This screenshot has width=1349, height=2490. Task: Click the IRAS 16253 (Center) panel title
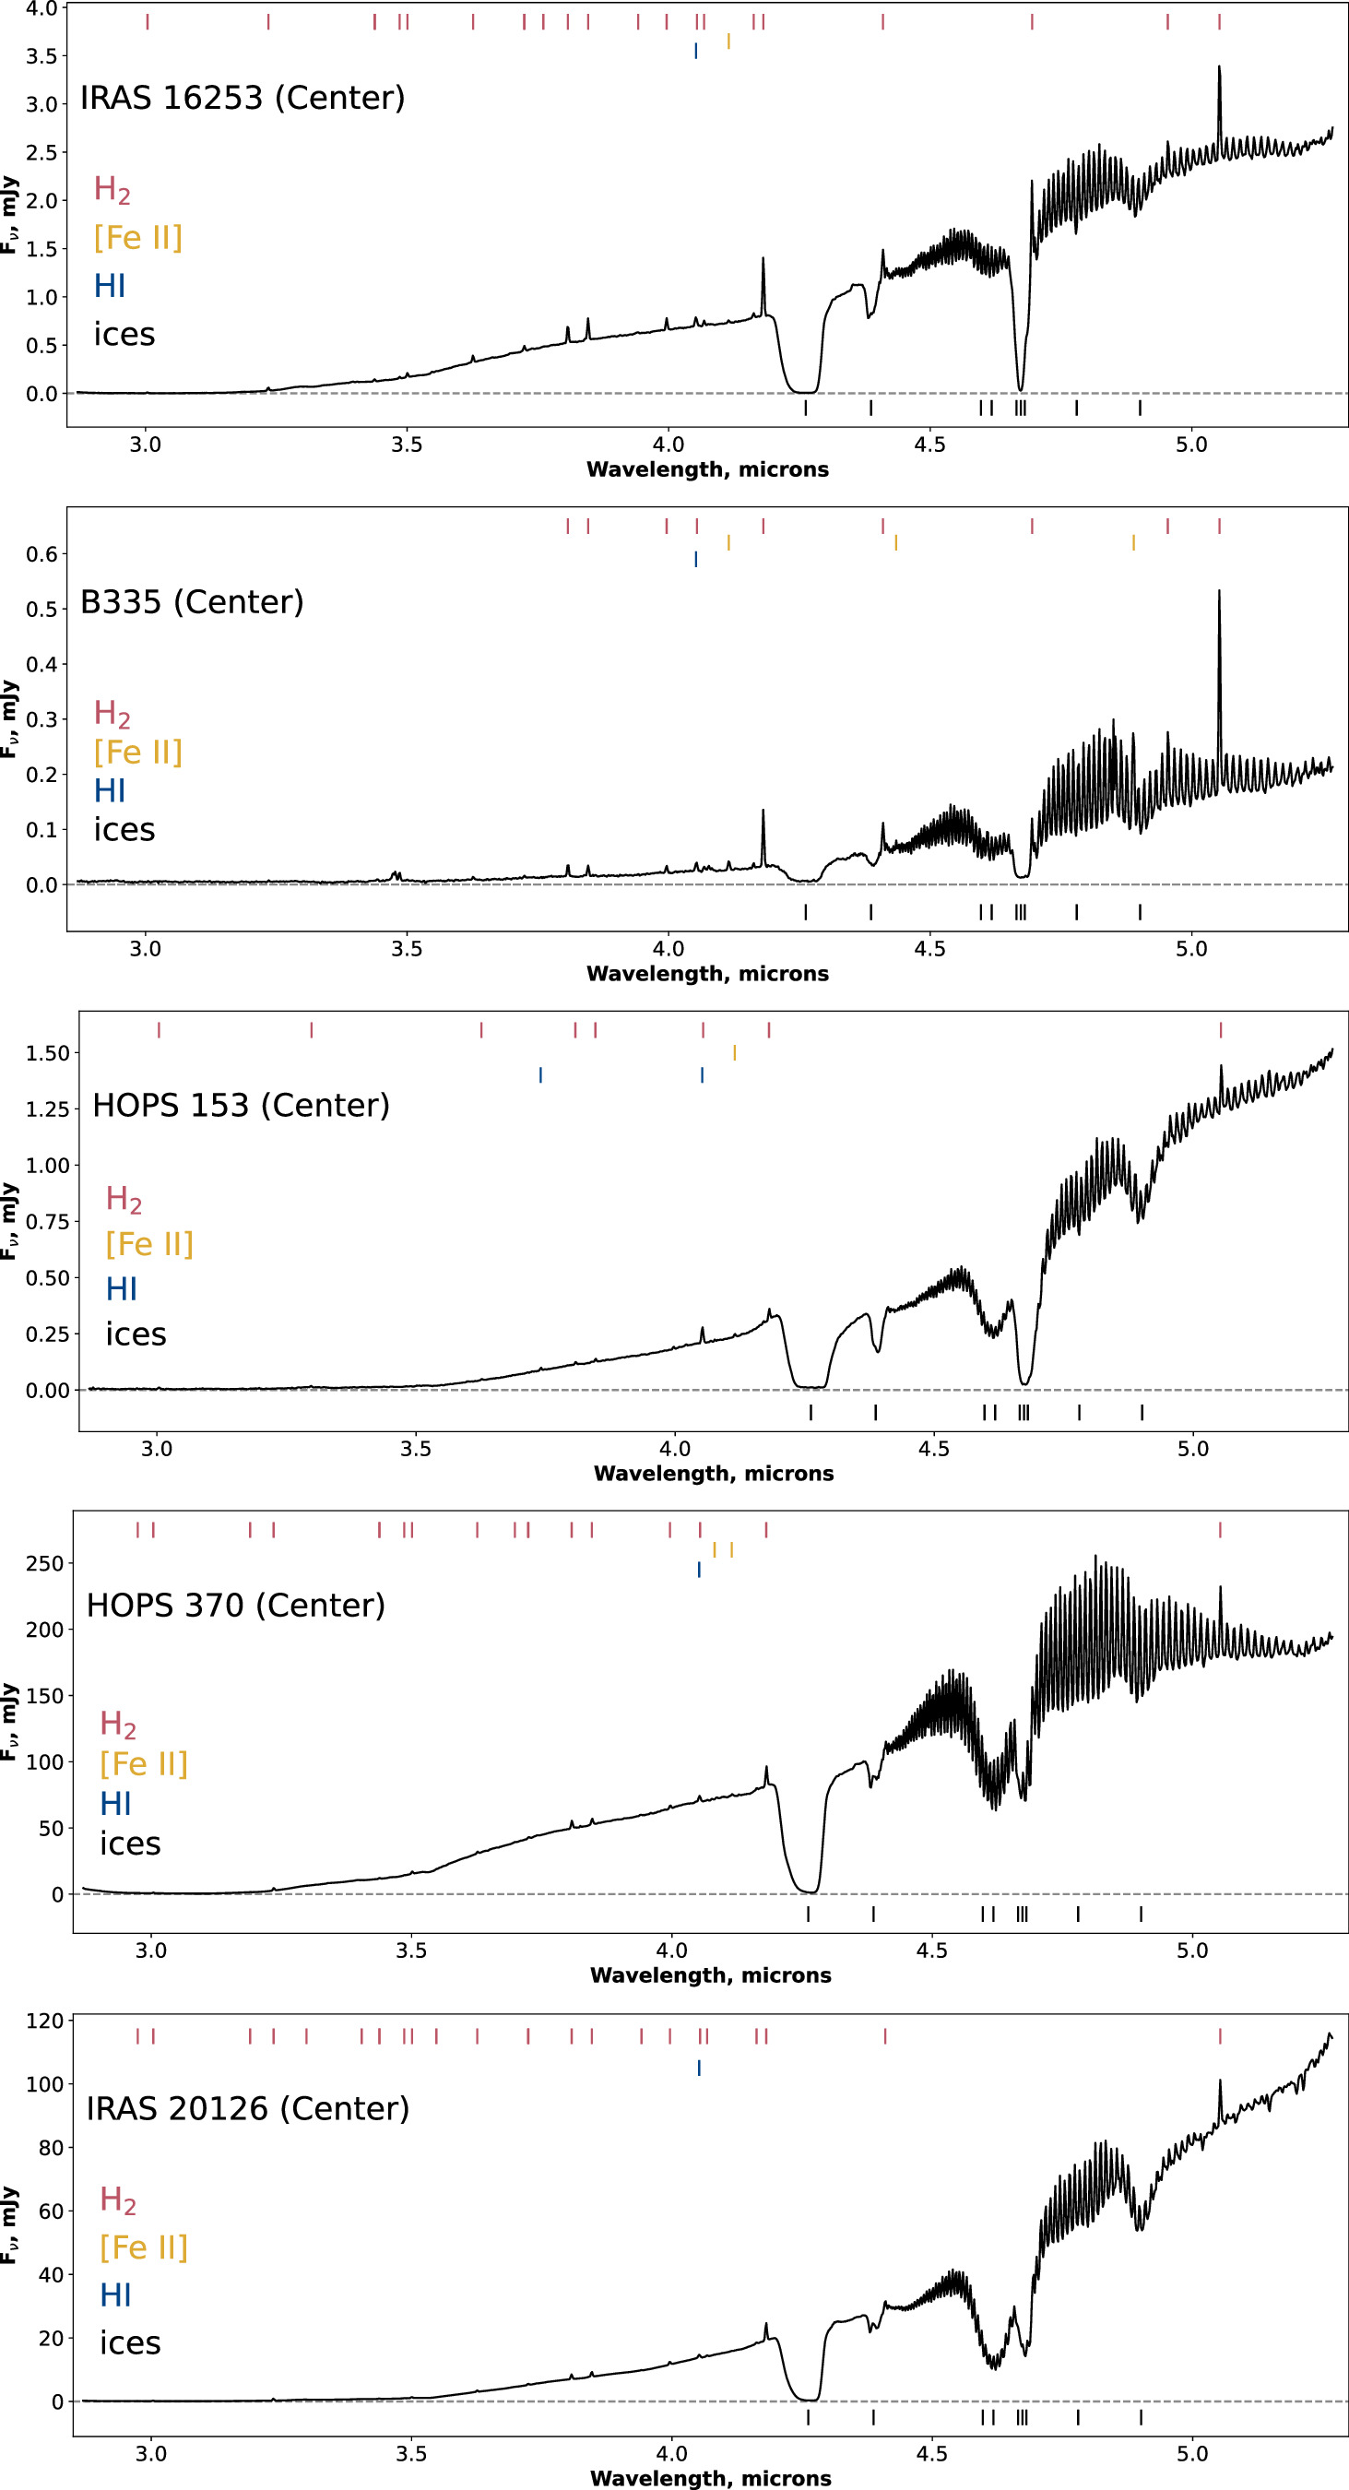(x=242, y=98)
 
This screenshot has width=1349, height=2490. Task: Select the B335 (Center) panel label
(x=192, y=602)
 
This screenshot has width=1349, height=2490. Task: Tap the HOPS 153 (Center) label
(x=241, y=1105)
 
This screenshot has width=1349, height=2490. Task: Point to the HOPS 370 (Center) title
(x=236, y=1605)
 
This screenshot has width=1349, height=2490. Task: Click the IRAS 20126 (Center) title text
(x=247, y=2108)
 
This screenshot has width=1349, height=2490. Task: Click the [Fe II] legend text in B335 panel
(x=137, y=752)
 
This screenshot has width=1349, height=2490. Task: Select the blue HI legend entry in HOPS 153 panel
(x=121, y=1288)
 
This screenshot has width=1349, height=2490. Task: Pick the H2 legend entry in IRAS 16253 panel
(x=112, y=189)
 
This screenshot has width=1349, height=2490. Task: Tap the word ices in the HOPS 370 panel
(x=129, y=1844)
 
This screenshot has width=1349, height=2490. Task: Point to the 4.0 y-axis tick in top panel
(x=41, y=8)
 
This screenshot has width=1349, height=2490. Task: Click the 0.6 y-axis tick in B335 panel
(x=41, y=554)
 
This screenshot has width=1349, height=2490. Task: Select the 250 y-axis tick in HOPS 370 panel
(x=44, y=1563)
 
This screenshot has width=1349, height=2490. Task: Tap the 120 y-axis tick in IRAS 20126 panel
(x=44, y=2021)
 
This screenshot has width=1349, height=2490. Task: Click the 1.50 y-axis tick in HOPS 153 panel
(x=47, y=1052)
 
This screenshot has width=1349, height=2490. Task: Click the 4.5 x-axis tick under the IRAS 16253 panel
(x=929, y=445)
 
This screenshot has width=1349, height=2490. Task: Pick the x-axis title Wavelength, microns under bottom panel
(x=710, y=2478)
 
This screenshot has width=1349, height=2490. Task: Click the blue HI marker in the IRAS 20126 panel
(x=699, y=2068)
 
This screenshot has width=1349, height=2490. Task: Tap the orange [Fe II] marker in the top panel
(x=728, y=41)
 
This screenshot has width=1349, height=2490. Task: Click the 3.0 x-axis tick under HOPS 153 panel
(x=157, y=1449)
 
